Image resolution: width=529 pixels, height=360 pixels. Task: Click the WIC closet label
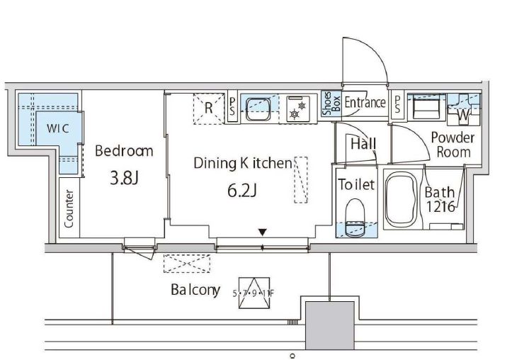point(57,128)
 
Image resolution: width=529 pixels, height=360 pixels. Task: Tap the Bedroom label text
point(124,151)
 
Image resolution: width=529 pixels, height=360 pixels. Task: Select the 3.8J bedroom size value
point(124,178)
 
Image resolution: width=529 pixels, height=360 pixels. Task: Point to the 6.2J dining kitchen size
point(242,191)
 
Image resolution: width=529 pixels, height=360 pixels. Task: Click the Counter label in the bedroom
point(69,208)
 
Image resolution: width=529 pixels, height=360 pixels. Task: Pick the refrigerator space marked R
point(209,108)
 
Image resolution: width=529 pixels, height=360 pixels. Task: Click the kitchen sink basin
point(258,109)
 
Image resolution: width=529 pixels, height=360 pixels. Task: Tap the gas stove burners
point(298,109)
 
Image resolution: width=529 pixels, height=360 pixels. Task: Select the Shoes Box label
point(331,103)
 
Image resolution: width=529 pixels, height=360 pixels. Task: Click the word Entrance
point(365,102)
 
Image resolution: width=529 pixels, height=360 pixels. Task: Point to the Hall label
point(363,144)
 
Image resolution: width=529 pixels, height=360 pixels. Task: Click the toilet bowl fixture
point(355,218)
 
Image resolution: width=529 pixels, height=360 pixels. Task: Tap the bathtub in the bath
point(402,200)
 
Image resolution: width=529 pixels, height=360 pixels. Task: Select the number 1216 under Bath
point(440,207)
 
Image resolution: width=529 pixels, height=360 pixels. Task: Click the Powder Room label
point(453,145)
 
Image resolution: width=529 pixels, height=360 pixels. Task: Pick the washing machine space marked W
point(463,116)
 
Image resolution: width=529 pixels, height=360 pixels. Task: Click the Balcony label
point(195,290)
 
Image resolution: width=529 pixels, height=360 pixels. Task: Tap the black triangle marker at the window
point(263,232)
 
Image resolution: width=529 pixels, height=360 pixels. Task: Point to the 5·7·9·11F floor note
point(254,293)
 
